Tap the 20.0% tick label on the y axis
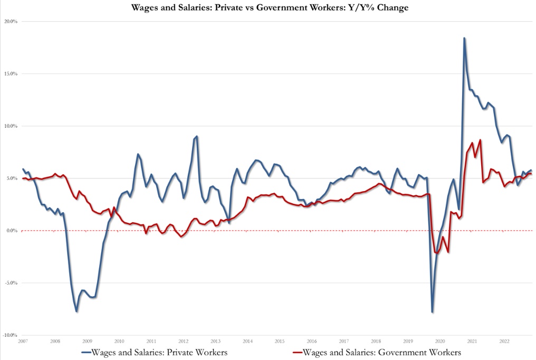click(x=12, y=22)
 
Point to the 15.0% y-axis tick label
click(x=12, y=74)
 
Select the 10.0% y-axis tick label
click(x=12, y=126)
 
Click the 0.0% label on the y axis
click(x=13, y=231)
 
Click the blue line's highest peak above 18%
click(x=464, y=38)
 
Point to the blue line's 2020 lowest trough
click(x=433, y=312)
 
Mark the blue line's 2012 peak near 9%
click(x=197, y=136)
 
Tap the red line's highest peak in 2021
click(x=480, y=140)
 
